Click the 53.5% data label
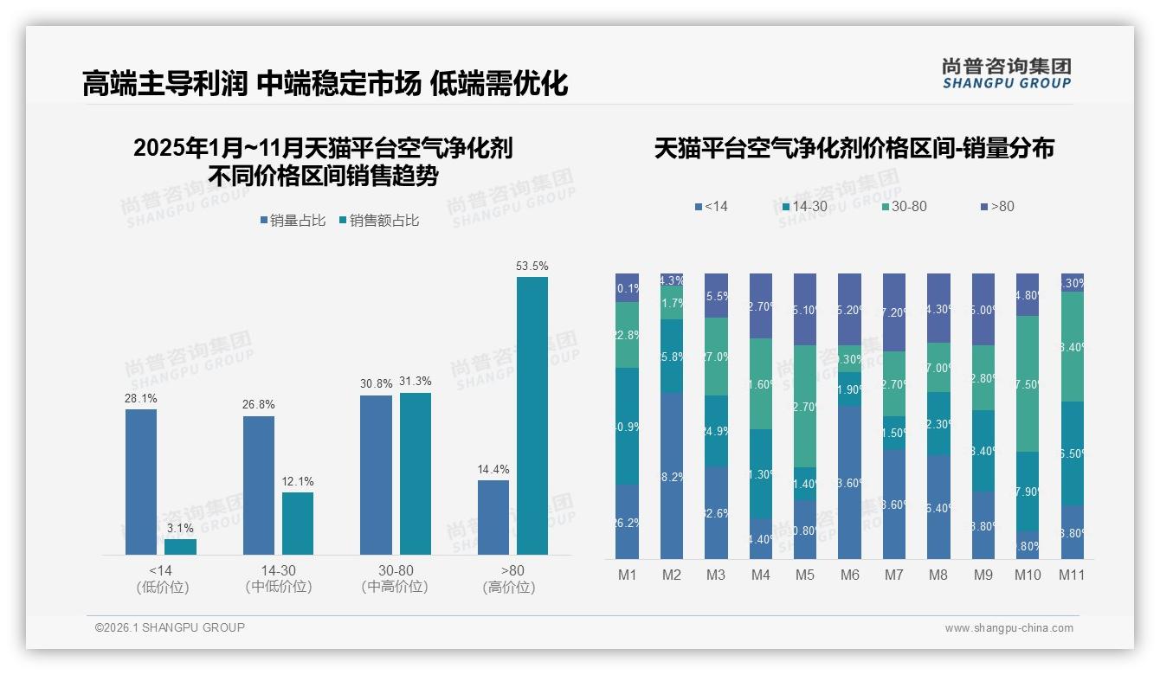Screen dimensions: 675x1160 click(x=532, y=267)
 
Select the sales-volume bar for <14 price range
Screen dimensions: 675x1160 click(x=141, y=482)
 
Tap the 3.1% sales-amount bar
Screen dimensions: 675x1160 click(x=180, y=547)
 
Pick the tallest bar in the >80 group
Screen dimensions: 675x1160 click(x=532, y=415)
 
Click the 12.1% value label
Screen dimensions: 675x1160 click(x=298, y=482)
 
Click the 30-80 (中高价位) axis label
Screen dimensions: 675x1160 click(x=395, y=578)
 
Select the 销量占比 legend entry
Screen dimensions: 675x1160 click(x=292, y=221)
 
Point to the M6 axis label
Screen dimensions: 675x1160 click(x=849, y=575)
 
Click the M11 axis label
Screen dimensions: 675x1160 click(x=1072, y=575)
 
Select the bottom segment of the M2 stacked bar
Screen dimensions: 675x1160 click(x=672, y=476)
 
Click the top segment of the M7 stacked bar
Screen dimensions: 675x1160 click(x=893, y=312)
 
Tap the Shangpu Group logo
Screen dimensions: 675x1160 click(x=1006, y=73)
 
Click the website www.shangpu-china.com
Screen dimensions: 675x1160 click(x=1009, y=628)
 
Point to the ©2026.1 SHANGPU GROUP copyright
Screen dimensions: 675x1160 click(x=170, y=627)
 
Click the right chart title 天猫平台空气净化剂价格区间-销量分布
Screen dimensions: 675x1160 click(x=854, y=149)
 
